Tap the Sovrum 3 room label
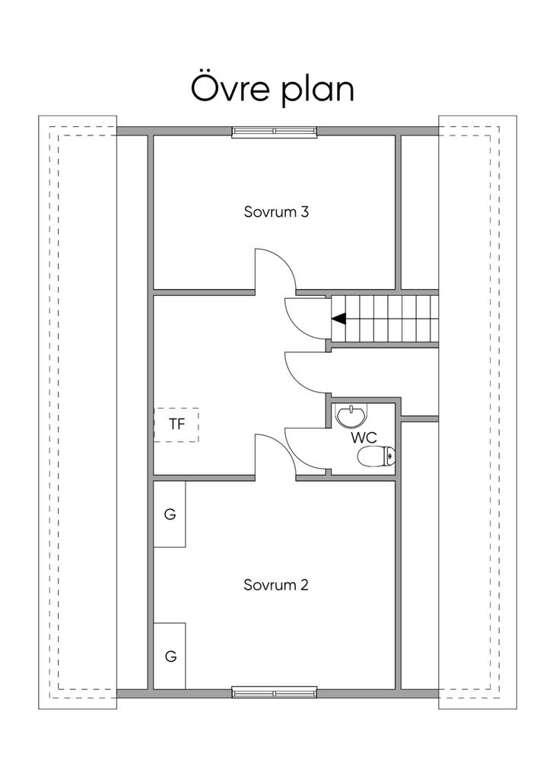point(276,211)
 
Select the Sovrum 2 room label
point(276,585)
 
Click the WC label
point(364,438)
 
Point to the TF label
point(176,424)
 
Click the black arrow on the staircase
point(339,319)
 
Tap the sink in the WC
point(351,416)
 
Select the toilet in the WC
point(376,456)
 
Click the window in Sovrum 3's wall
point(275,131)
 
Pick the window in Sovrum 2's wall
point(275,692)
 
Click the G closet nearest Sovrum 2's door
point(170,514)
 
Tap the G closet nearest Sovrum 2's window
point(170,657)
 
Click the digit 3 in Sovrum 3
point(304,211)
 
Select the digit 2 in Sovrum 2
point(304,585)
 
